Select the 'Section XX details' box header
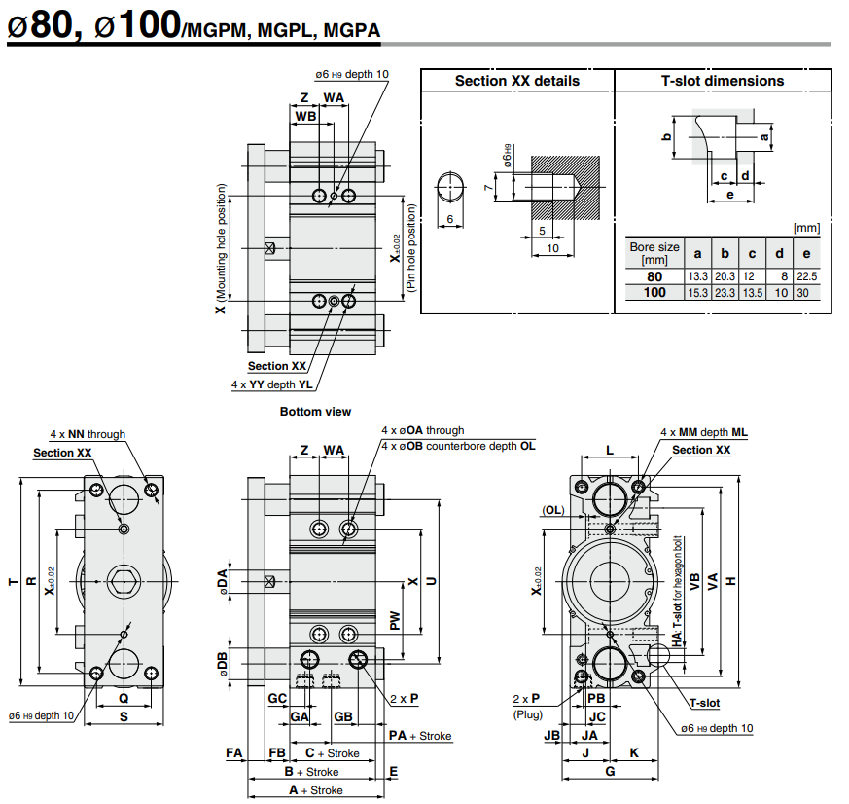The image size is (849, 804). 516,81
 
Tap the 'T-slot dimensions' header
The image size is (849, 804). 723,81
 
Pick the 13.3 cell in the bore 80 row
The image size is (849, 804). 697,275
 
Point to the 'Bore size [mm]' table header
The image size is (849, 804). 654,253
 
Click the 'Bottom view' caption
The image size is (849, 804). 315,412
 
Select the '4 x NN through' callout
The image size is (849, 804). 88,434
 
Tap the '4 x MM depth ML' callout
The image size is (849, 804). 704,431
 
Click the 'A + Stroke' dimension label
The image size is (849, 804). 316,790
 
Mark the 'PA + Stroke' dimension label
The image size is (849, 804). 420,736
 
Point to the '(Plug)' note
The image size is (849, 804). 526,714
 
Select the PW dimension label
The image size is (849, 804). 395,620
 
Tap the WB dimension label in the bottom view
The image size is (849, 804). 305,116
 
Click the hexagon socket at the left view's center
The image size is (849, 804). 123,581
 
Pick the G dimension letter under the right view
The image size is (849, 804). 610,771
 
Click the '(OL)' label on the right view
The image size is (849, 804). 553,510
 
